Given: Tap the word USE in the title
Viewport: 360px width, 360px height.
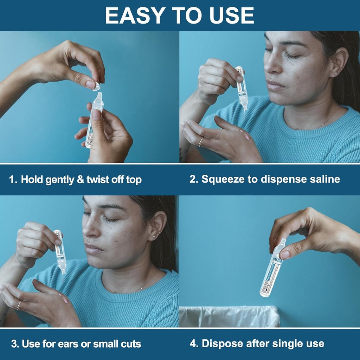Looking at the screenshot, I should click(x=229, y=15).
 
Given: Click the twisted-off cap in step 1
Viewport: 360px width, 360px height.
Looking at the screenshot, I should click(x=97, y=86).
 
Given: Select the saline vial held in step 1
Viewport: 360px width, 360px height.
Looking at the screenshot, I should click(x=94, y=120).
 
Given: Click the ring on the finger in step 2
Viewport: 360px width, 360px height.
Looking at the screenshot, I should click(x=201, y=141).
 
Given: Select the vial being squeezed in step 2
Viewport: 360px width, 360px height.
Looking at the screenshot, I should click(x=242, y=88).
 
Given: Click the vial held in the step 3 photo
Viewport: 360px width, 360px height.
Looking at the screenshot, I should click(x=60, y=251).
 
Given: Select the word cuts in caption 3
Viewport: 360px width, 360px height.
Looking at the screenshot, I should click(x=129, y=344).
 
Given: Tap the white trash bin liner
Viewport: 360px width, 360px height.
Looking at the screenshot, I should click(x=229, y=316).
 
